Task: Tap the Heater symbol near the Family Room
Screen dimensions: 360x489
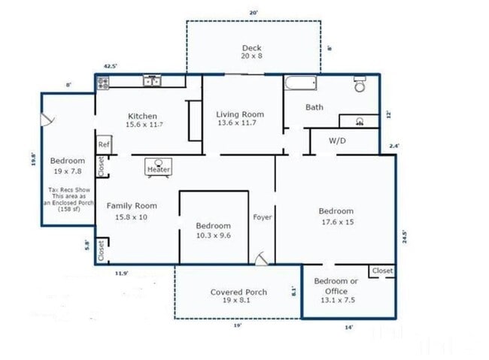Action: pyautogui.click(x=159, y=167)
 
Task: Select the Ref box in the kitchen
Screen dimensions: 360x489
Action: pyautogui.click(x=103, y=145)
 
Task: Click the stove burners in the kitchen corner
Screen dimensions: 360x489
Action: pyautogui.click(x=103, y=83)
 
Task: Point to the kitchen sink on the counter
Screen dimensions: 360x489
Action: pyautogui.click(x=153, y=81)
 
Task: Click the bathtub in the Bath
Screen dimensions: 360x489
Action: pyautogui.click(x=301, y=83)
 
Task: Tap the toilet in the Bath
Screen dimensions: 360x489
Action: pyautogui.click(x=360, y=84)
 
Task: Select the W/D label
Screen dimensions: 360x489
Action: pyautogui.click(x=338, y=141)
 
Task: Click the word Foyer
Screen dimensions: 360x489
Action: pyautogui.click(x=263, y=217)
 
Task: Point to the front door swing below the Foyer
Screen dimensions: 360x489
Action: pyautogui.click(x=260, y=258)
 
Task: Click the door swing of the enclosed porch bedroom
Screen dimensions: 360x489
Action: pyautogui.click(x=47, y=119)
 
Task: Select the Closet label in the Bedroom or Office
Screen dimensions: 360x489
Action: pyautogui.click(x=381, y=271)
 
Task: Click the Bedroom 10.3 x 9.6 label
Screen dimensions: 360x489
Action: pyautogui.click(x=213, y=230)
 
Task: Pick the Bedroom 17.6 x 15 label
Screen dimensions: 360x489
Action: pyautogui.click(x=336, y=216)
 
